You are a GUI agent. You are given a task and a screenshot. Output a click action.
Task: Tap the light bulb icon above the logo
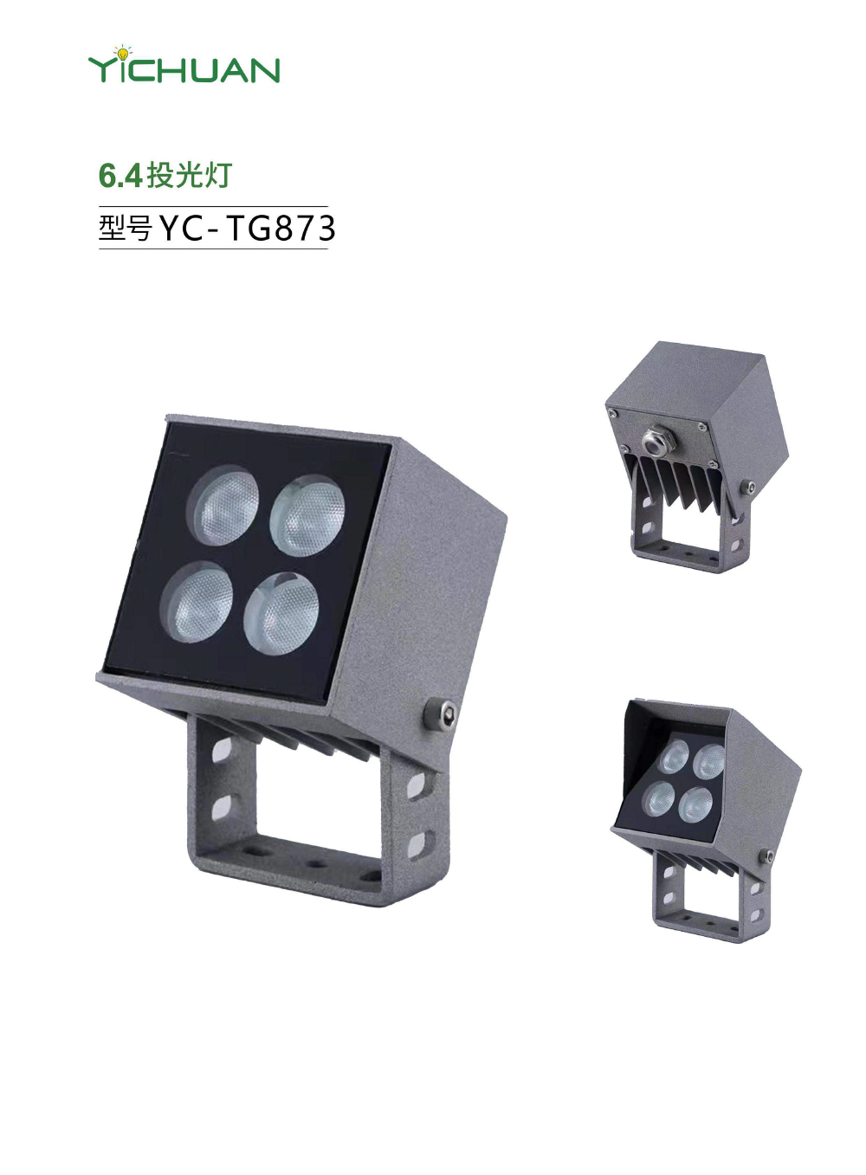pos(123,53)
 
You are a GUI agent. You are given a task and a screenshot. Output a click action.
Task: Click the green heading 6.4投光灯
pos(165,175)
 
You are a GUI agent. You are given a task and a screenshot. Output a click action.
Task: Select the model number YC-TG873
pos(246,229)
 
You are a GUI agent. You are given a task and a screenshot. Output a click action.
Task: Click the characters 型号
pos(126,229)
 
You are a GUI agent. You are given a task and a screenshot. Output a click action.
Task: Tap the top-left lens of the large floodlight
pos(223,506)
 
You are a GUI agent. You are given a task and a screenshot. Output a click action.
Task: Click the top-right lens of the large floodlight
pos(307,516)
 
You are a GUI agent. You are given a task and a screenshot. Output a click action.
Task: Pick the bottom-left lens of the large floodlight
pos(197,602)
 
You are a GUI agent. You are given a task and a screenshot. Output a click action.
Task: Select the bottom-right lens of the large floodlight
pos(281,613)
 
